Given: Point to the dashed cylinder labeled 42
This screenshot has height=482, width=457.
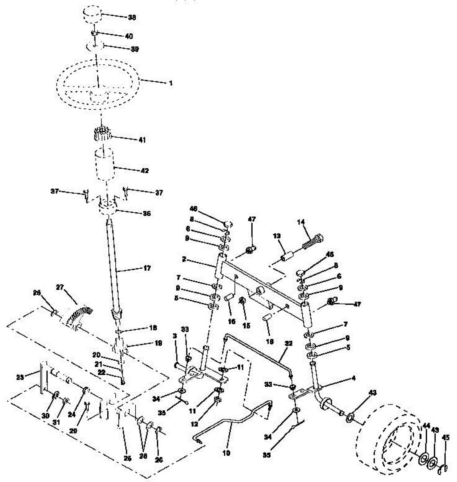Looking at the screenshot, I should coord(104,165).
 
